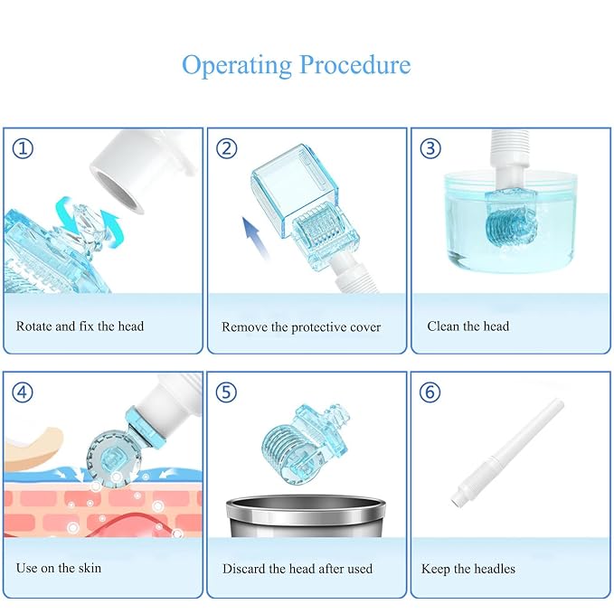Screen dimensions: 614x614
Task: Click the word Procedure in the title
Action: (x=355, y=65)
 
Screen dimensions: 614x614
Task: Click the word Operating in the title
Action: (x=237, y=66)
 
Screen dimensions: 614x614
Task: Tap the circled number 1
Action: (x=23, y=148)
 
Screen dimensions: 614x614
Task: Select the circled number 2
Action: (x=227, y=148)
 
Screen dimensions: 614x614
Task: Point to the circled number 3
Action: (x=430, y=148)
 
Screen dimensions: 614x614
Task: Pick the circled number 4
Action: (x=23, y=392)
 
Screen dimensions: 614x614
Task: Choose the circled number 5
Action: (x=226, y=392)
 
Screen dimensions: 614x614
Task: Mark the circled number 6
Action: (x=430, y=392)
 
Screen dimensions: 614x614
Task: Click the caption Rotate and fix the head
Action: (x=80, y=326)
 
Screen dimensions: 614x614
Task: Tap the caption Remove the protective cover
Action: (x=301, y=327)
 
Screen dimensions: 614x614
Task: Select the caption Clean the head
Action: (x=468, y=326)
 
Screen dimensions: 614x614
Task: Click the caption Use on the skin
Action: (x=59, y=568)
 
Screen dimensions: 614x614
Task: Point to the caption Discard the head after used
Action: (x=298, y=569)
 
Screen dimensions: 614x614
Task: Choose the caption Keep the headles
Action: (x=468, y=569)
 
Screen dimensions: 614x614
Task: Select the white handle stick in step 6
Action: (x=507, y=453)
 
